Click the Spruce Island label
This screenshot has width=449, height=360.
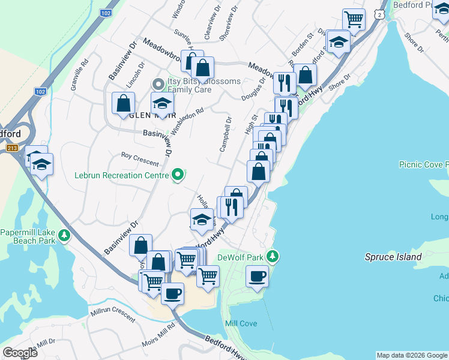[393, 257]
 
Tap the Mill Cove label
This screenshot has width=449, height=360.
[241, 323]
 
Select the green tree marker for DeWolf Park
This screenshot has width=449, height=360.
[273, 257]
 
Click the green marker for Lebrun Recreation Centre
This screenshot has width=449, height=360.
[178, 175]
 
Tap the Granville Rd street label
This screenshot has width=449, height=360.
[79, 75]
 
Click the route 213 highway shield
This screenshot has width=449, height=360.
[11, 148]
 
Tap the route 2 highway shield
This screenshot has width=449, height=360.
[378, 13]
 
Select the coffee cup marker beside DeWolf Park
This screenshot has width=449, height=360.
[258, 277]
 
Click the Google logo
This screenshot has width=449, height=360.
[20, 352]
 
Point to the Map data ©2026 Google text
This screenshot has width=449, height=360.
[412, 355]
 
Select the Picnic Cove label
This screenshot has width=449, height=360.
[424, 164]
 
